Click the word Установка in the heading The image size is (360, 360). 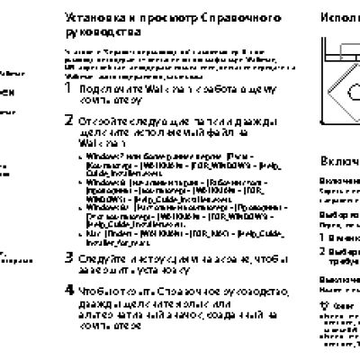point(94,18)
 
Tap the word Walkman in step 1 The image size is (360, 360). point(163,91)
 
